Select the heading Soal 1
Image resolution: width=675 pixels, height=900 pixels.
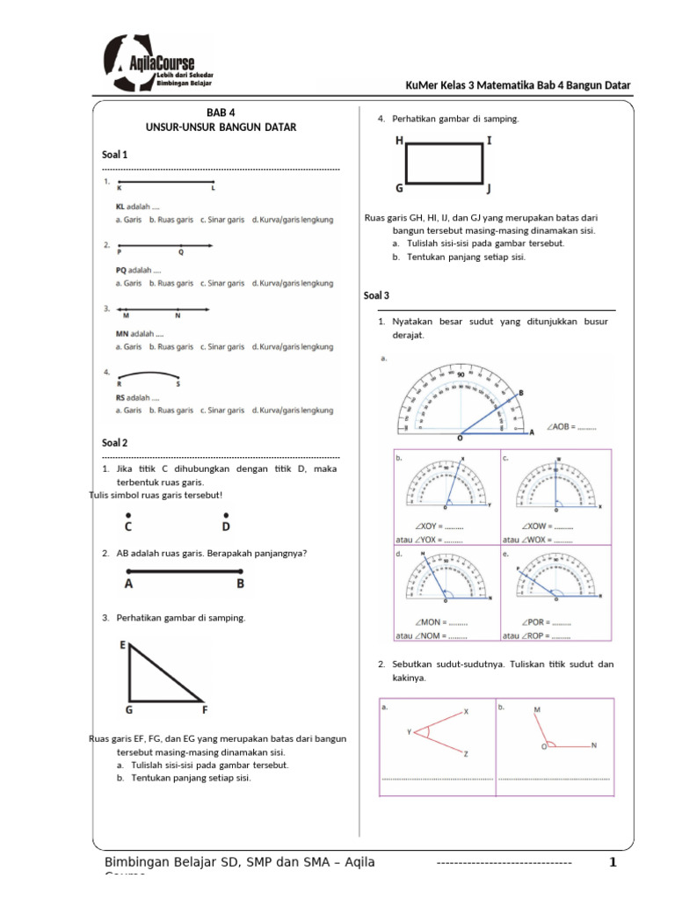pos(115,155)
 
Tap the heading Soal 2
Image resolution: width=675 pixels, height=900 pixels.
pos(115,443)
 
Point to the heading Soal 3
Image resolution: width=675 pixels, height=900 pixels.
pos(376,296)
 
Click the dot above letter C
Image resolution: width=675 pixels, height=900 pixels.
pos(128,515)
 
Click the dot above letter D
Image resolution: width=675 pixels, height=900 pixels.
pos(225,515)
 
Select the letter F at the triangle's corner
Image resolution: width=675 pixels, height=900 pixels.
pos(205,708)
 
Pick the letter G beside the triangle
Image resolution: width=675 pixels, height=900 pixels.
pos(128,708)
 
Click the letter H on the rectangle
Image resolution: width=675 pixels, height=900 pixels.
pos(400,140)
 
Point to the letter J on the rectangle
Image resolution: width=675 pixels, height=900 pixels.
pos(489,188)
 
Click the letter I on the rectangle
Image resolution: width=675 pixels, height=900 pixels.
pos(489,140)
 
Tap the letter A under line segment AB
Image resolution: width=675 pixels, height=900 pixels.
pos(129,584)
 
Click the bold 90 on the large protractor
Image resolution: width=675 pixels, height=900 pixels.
pos(461,374)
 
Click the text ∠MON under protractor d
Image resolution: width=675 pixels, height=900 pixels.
pos(424,622)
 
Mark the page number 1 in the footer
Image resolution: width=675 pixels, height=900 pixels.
pos(613,863)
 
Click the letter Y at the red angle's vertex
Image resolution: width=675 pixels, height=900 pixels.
pos(409,731)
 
